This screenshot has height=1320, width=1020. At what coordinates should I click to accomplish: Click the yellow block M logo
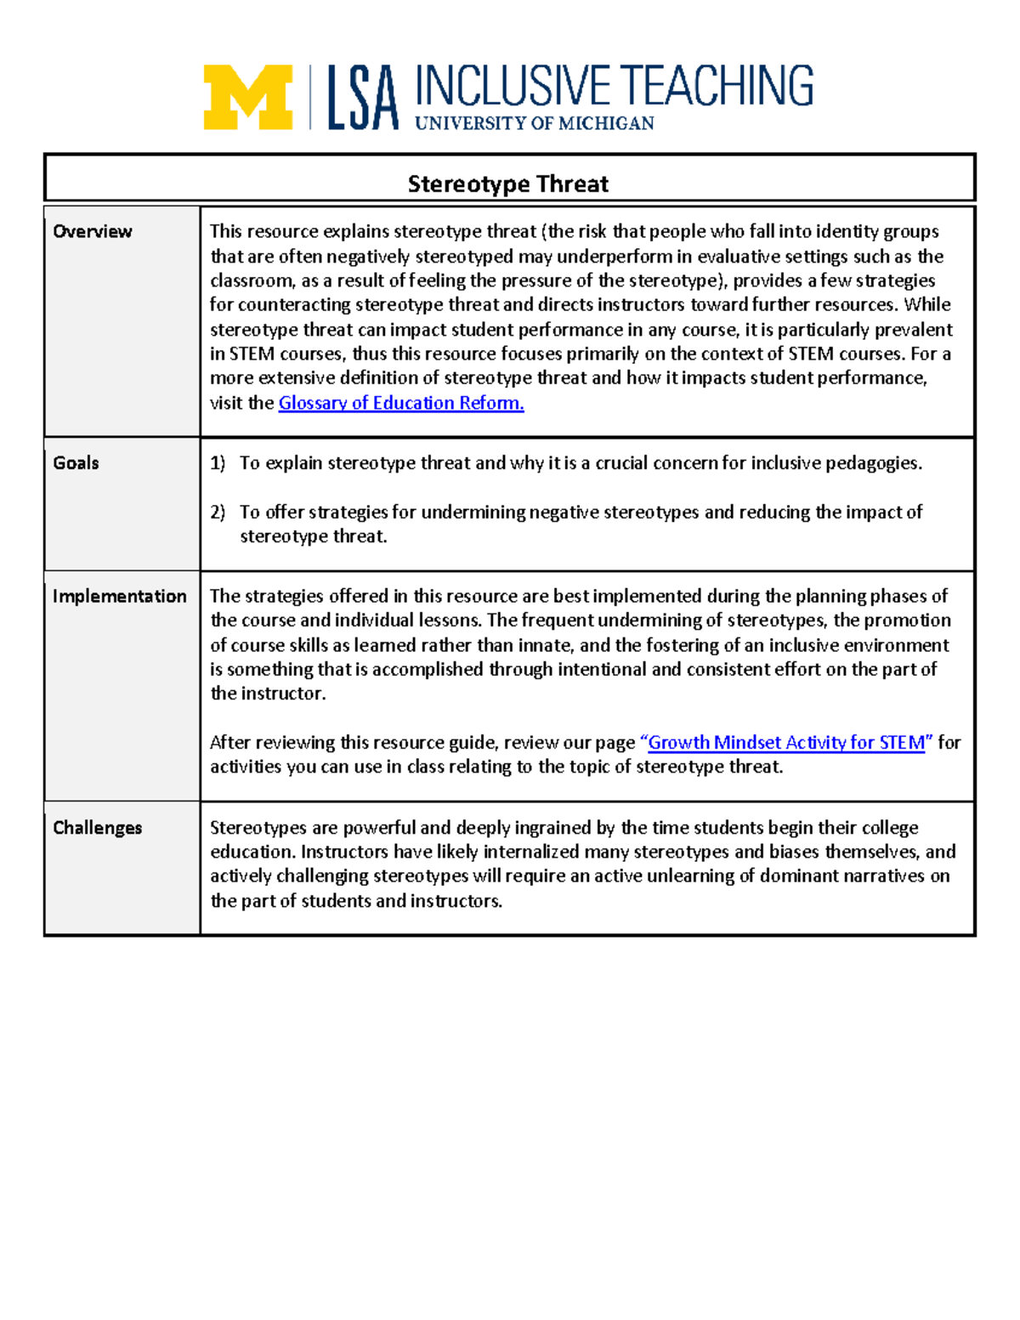point(247,97)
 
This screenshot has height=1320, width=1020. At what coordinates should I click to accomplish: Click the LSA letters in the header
point(363,99)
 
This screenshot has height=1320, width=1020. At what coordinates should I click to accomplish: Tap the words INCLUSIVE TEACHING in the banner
point(614,86)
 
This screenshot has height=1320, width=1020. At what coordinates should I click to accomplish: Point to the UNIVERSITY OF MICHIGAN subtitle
point(535,123)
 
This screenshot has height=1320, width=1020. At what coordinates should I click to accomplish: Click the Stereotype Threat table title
point(508,184)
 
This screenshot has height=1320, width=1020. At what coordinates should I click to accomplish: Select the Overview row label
point(92,231)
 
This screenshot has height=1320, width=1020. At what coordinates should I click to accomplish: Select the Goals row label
point(76,462)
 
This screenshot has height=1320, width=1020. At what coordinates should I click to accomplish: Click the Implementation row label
point(119,596)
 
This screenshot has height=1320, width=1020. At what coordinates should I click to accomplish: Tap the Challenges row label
point(97,827)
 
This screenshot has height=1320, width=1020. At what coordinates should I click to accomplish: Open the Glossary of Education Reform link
point(401,403)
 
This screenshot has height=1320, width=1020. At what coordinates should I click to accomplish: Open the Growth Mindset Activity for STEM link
point(786,742)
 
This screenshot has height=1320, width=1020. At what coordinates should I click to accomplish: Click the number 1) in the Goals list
point(218,463)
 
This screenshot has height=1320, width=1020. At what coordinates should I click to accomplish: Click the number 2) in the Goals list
point(218,512)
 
